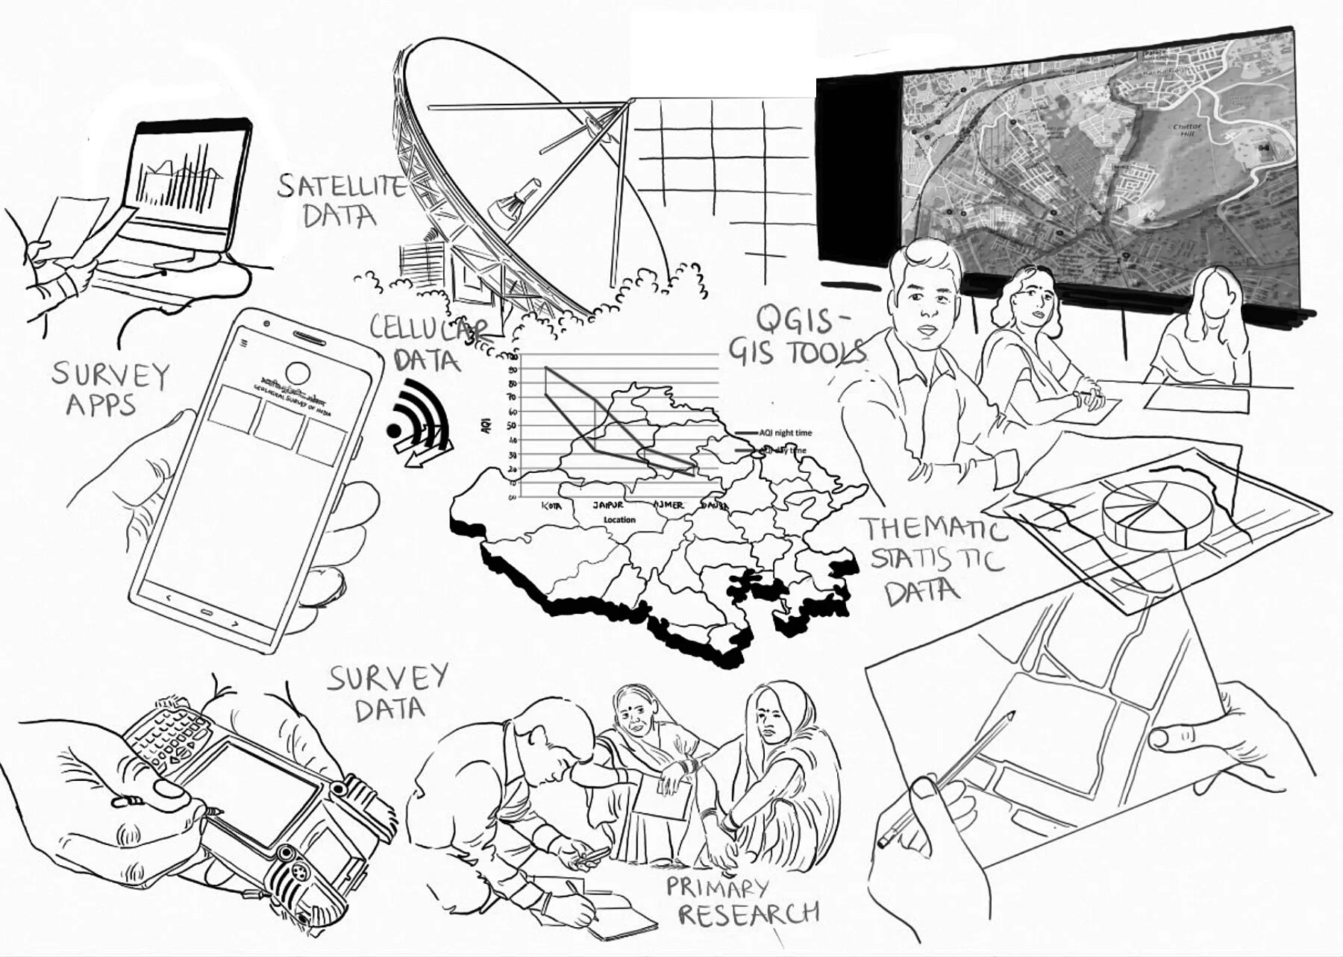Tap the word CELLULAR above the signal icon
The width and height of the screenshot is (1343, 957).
(x=429, y=327)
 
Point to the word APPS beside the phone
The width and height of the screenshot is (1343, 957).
(x=101, y=405)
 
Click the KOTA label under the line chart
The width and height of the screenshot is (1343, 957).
(x=551, y=506)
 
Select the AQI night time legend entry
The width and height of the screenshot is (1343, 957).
(x=783, y=433)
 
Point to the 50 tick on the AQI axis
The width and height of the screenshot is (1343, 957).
(x=512, y=425)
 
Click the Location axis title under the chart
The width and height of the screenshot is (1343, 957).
(x=619, y=520)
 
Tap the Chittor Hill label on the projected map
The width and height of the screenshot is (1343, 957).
(x=1186, y=131)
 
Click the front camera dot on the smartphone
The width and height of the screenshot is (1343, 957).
(x=266, y=324)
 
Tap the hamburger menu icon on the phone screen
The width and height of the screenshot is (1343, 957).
(x=243, y=344)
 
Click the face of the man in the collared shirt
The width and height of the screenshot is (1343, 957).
(x=925, y=298)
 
